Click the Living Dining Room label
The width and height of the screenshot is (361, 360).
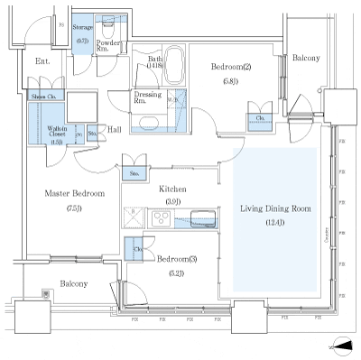click(x=275, y=208)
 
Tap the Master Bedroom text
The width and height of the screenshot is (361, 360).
click(x=75, y=193)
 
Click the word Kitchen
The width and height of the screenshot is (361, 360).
click(x=172, y=189)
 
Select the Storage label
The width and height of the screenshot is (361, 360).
click(x=82, y=28)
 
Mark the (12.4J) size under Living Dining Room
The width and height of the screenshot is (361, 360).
click(x=275, y=222)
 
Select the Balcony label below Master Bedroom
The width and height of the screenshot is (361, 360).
click(x=74, y=282)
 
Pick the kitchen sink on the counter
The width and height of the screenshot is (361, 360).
click(x=201, y=217)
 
